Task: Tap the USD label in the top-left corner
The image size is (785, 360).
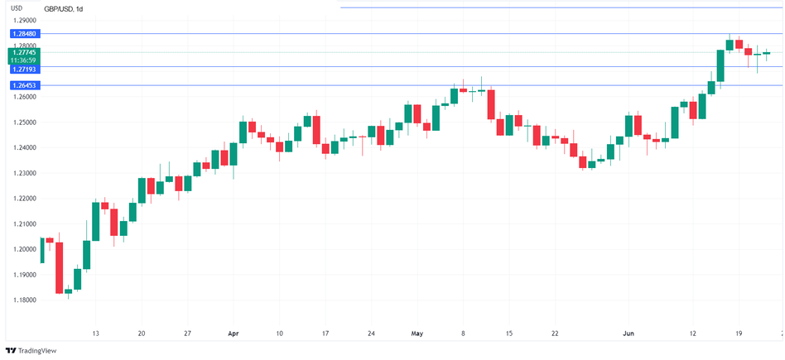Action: click(16, 8)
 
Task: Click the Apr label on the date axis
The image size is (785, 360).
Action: click(233, 334)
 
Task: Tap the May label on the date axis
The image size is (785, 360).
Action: click(417, 334)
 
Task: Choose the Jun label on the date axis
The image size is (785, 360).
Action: click(628, 334)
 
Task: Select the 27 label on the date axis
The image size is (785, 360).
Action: click(188, 334)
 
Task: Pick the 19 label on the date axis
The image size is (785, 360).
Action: click(739, 334)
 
